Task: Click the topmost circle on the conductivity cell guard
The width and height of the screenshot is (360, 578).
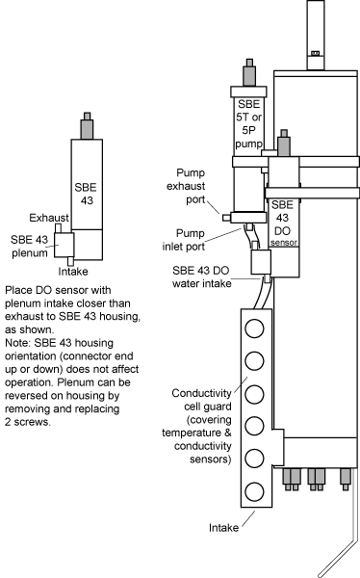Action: (x=254, y=328)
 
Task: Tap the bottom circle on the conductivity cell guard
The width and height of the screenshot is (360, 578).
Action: (x=254, y=491)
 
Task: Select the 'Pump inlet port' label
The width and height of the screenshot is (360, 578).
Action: (x=184, y=240)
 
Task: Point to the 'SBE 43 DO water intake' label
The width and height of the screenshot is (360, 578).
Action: (x=201, y=276)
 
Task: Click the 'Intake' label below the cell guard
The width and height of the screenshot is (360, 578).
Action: (x=223, y=528)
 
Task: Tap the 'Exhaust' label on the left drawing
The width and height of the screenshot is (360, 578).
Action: (x=49, y=218)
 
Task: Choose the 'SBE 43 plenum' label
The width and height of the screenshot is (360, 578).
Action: (x=30, y=247)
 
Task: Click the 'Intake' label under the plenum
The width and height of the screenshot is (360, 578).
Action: (x=73, y=272)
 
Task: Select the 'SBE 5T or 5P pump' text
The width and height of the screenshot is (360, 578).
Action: (x=249, y=123)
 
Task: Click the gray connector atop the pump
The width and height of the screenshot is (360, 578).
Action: (x=249, y=72)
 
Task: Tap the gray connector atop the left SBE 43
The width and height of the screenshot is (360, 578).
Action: (x=87, y=125)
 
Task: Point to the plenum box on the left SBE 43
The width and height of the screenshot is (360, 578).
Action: (x=64, y=245)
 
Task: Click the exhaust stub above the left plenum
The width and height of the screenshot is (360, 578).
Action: (x=58, y=228)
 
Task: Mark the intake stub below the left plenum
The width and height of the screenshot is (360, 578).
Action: (x=70, y=261)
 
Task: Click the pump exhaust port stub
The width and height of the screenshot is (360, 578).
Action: (x=226, y=218)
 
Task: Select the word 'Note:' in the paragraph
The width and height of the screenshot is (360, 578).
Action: (x=18, y=343)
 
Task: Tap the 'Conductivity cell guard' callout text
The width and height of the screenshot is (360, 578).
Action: (x=201, y=400)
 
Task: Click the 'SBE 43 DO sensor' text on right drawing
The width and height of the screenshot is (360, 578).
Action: (x=283, y=223)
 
